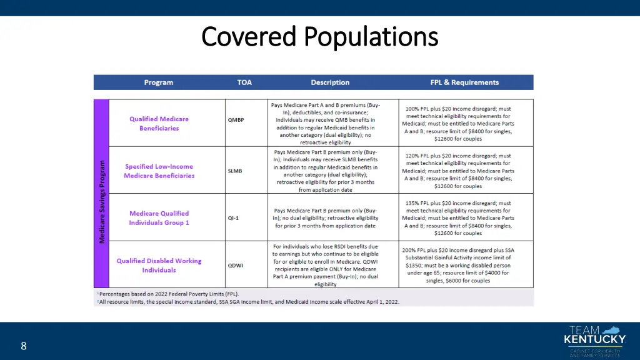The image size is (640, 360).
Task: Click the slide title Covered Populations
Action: pos(320,36)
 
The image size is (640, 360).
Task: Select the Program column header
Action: pos(158,82)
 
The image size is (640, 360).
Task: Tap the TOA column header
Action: pos(244,82)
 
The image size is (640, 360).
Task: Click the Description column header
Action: pos(330,82)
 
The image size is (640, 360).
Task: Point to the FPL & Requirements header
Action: pos(464,82)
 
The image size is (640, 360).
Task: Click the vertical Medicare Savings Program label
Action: pos(102,202)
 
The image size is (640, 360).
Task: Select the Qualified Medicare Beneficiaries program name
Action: pos(159,124)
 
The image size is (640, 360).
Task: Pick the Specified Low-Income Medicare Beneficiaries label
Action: pos(159,171)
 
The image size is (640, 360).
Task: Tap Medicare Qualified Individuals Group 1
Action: pos(159,218)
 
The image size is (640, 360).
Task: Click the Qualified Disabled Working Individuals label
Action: pos(159,266)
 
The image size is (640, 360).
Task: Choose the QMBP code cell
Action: pos(236,121)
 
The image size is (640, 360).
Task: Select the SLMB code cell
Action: pos(235,170)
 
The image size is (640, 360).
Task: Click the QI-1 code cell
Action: pos(233,218)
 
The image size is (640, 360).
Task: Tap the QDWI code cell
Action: pos(235,265)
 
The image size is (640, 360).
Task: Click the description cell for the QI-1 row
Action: pos(325,218)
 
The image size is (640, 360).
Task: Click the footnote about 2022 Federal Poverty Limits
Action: pos(169,294)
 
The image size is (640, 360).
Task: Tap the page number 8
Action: pos(23,346)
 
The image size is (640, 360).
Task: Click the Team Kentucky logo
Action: pos(594,341)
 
